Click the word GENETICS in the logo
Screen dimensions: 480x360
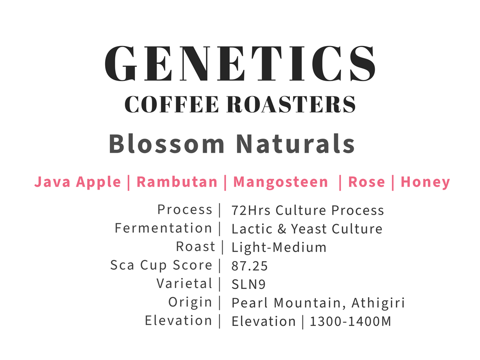[x=240, y=63]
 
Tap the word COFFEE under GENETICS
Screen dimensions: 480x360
[x=172, y=104]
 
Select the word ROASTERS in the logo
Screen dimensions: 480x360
[x=291, y=104]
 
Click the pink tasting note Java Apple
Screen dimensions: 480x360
[x=78, y=182]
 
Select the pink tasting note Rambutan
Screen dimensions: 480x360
[x=177, y=182]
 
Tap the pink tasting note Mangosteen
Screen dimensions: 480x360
[x=280, y=182]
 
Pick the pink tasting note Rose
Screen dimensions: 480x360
[x=366, y=182]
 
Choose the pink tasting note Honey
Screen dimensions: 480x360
[x=425, y=182]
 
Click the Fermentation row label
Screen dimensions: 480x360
[x=163, y=228]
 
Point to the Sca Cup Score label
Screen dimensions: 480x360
[x=161, y=265]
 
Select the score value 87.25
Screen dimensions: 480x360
[x=250, y=266]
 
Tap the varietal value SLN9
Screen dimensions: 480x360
[x=249, y=284]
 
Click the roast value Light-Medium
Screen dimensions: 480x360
[x=279, y=247]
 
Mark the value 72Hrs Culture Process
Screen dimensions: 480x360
[x=308, y=210]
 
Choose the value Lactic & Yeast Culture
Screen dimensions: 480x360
[x=307, y=228]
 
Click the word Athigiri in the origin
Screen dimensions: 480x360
[x=378, y=303]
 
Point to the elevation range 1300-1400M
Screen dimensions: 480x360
[x=350, y=322]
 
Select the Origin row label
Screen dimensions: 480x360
[x=190, y=302]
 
